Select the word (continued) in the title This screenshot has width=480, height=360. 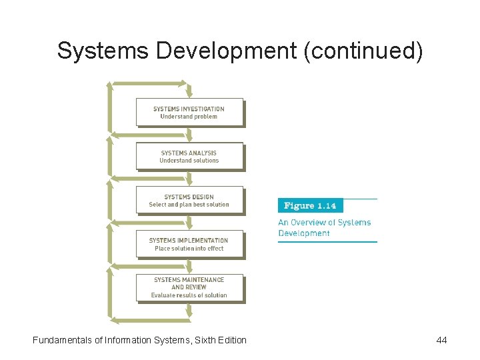point(363,51)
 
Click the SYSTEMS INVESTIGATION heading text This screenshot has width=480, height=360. point(189,109)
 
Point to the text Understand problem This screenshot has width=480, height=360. point(189,117)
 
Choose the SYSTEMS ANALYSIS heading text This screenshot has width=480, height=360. point(189,153)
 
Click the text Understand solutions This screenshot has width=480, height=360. point(189,161)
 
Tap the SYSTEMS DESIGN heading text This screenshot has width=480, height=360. point(189,197)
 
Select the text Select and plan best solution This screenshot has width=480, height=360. point(189,205)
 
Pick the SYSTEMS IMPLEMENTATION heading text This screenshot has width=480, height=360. point(189,241)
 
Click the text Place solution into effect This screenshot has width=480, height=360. point(189,249)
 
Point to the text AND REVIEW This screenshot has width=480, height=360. point(189,287)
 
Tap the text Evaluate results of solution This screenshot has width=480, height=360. point(189,295)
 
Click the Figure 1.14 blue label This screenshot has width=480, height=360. point(310,205)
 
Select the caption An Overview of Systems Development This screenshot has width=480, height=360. point(325,228)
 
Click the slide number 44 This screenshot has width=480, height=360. point(441,340)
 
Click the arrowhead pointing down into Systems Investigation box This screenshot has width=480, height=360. point(189,93)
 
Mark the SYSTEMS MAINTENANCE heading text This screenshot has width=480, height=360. point(189,279)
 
